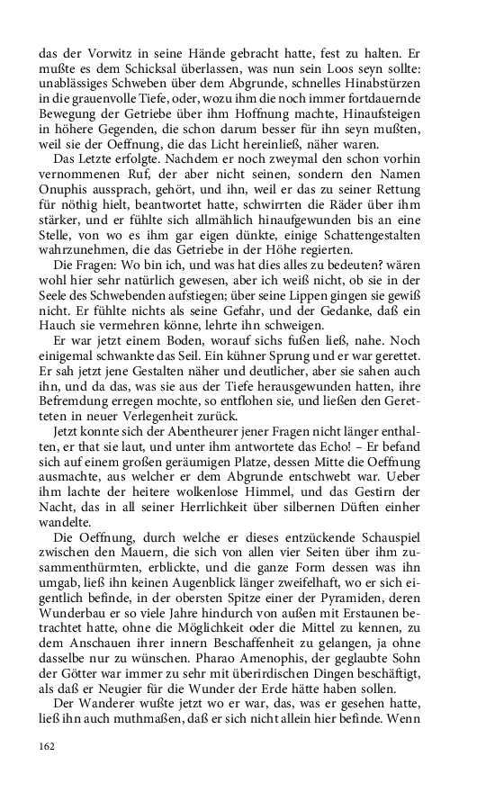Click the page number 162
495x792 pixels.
48,746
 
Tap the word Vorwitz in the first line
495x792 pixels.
101,53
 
